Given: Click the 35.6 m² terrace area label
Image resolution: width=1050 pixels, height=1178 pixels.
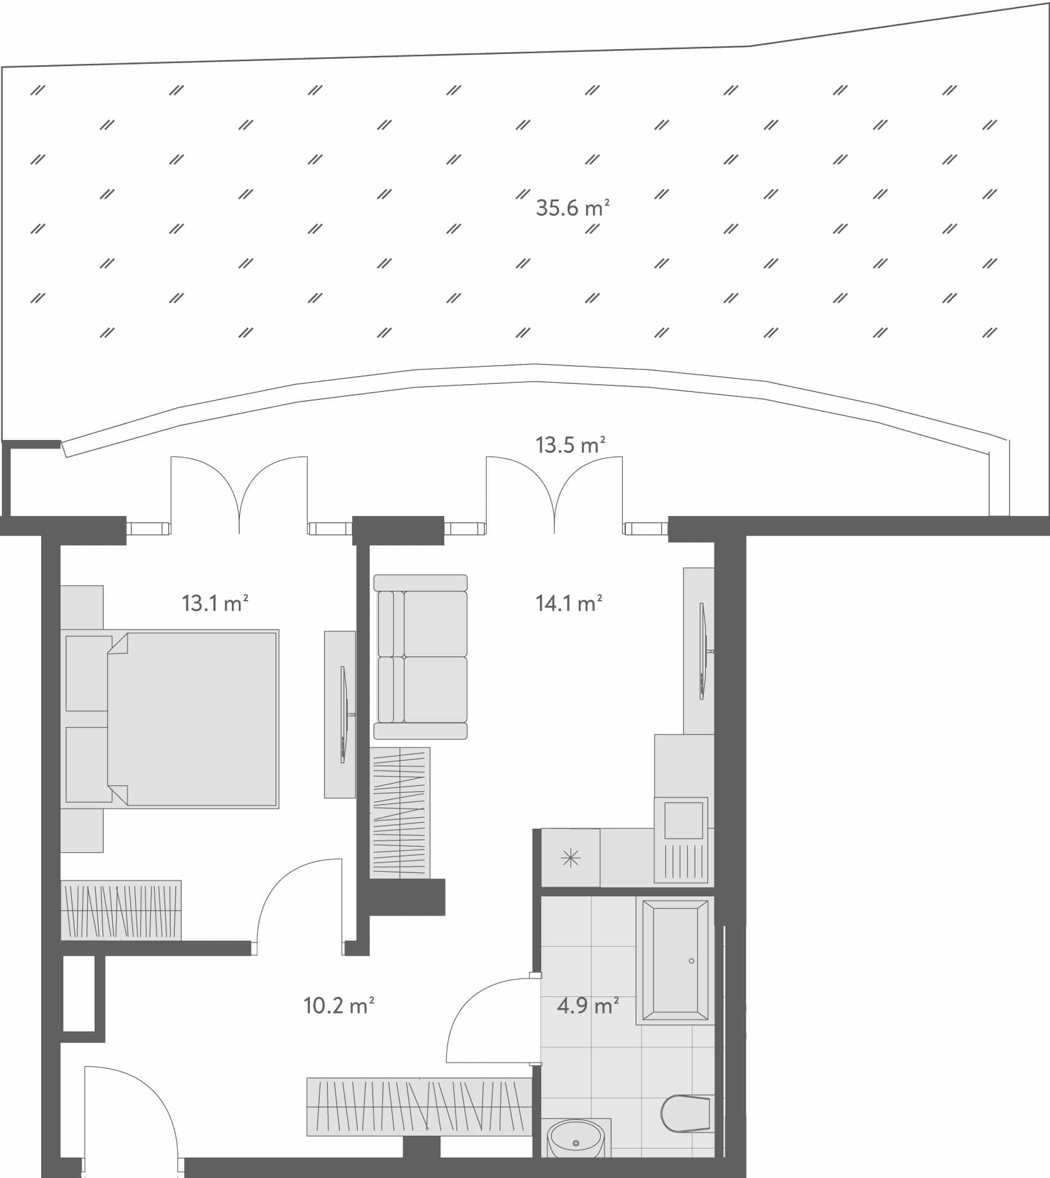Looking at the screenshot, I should point(572,208).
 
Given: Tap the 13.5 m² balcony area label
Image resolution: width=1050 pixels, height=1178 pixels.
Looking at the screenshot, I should point(570,445).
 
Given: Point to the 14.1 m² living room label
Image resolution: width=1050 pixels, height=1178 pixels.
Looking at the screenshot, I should point(568,604).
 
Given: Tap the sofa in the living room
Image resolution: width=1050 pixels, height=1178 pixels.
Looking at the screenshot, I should point(421,656).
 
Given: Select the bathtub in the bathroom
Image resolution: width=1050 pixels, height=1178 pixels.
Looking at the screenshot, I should point(674,961).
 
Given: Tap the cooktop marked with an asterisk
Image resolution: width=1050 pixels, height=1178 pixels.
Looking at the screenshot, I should point(571,858).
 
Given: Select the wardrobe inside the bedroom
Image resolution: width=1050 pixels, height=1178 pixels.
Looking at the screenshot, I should point(121,910).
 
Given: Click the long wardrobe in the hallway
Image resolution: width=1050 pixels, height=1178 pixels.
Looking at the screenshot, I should point(419,1106).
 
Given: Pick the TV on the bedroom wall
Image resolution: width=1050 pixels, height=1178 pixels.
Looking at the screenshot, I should point(344,715).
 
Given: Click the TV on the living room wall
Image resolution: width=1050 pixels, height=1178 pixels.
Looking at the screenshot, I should point(703,651).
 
